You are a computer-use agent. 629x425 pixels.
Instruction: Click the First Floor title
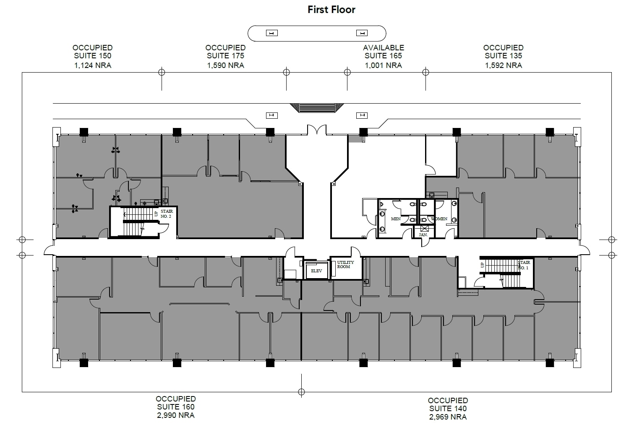[331, 10]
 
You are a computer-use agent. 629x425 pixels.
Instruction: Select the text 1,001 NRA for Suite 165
[383, 65]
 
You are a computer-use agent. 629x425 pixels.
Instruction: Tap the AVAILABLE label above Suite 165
[383, 48]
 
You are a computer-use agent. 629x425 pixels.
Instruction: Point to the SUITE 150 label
[92, 56]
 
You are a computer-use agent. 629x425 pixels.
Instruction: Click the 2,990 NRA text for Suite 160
[175, 415]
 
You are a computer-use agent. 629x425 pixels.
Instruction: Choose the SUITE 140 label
[447, 408]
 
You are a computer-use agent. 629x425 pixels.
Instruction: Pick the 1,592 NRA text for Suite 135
[503, 65]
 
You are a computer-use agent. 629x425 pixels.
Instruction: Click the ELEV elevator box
[316, 271]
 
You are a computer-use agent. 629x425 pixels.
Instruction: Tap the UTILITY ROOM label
[345, 265]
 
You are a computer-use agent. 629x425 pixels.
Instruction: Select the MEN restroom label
[395, 219]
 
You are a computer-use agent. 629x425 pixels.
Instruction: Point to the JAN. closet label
[423, 235]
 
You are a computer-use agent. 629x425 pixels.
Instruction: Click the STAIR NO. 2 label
[166, 214]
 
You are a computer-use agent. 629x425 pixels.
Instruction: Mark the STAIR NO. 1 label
[523, 265]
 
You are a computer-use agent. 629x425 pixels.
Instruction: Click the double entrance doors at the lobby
[316, 130]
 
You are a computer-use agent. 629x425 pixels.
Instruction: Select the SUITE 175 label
[225, 56]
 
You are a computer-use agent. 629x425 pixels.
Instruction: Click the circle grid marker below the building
[301, 392]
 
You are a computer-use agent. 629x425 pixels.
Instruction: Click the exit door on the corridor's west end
[49, 250]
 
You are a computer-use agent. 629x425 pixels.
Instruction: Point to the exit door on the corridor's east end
[584, 250]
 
